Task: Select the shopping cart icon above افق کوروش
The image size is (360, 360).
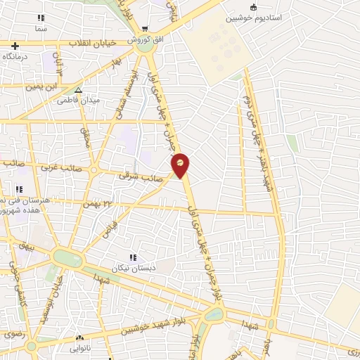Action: coord(144,30)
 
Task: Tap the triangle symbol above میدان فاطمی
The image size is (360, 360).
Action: coord(78,91)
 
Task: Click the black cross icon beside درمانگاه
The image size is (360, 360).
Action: coord(15,46)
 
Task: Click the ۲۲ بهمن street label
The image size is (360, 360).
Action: coord(98,203)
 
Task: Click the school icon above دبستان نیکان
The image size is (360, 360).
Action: coord(133,258)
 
